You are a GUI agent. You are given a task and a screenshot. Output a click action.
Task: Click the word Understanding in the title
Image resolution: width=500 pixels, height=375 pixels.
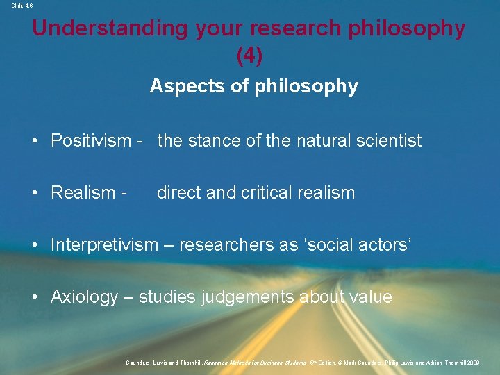pyautogui.click(x=101, y=28)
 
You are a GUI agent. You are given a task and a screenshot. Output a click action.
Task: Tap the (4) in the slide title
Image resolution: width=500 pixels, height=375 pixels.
pyautogui.click(x=249, y=56)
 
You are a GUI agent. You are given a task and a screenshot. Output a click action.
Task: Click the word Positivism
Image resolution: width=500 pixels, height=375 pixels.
pyautogui.click(x=90, y=140)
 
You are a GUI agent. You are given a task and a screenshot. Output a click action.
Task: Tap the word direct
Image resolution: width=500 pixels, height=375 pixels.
pyautogui.click(x=179, y=192)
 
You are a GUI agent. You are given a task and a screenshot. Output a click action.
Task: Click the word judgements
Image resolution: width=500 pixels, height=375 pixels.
pyautogui.click(x=249, y=297)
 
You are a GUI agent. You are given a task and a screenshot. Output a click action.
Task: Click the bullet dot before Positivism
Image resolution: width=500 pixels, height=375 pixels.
pyautogui.click(x=34, y=141)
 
